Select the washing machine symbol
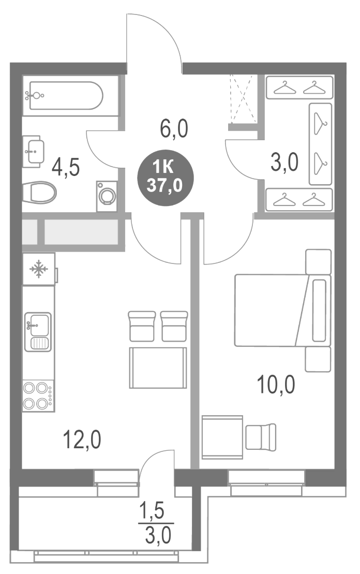[x=107, y=196]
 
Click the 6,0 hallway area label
[x=173, y=128]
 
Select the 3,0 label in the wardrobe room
[x=284, y=163]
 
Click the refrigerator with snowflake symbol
[x=38, y=269]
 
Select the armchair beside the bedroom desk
[x=261, y=436]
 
